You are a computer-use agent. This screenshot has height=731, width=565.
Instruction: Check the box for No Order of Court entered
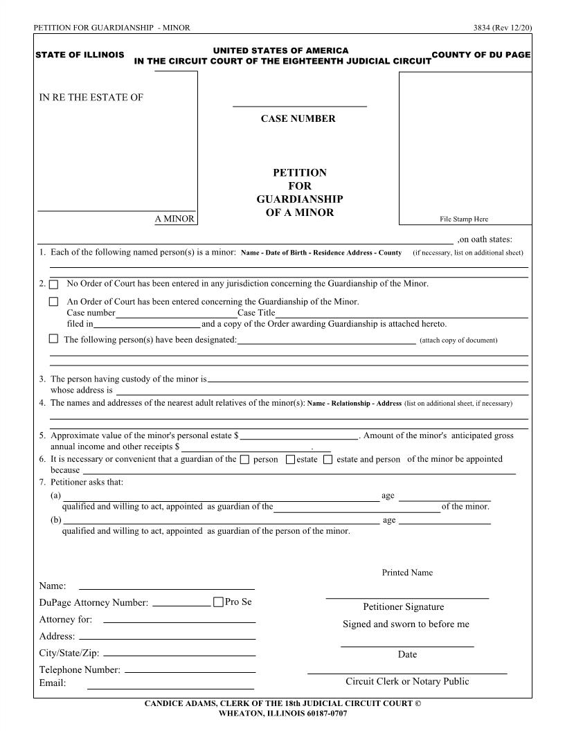pos(54,285)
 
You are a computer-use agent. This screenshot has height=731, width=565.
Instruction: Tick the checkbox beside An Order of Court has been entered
pos(54,302)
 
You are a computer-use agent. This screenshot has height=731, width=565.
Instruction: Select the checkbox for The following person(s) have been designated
pos(54,339)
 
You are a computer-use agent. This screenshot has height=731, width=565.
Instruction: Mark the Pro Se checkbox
pos(219,602)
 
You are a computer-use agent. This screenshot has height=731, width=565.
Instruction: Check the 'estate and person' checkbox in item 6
pos(328,460)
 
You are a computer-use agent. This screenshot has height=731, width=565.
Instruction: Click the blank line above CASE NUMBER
pos(299,106)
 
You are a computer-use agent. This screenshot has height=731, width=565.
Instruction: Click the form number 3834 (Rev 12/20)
pos(502,28)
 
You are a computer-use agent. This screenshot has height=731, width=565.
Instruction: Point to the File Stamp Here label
pos(464,219)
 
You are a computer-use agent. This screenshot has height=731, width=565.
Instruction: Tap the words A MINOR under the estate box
pos(174,219)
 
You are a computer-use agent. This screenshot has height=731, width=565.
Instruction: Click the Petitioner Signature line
pos(407,597)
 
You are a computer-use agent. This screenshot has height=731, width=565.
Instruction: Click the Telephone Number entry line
pos(190,671)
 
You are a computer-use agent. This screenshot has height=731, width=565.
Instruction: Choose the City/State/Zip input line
pos(179,655)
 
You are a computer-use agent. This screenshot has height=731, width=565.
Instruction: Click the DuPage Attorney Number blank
pos(181,605)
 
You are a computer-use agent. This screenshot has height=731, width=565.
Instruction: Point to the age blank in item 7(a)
pos(445,499)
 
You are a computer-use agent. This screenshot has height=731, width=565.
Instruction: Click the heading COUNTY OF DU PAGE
pos(481,55)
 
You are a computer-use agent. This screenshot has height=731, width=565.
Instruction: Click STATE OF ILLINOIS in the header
pos(80,55)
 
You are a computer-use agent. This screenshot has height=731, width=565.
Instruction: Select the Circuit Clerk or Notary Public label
pos(407,681)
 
